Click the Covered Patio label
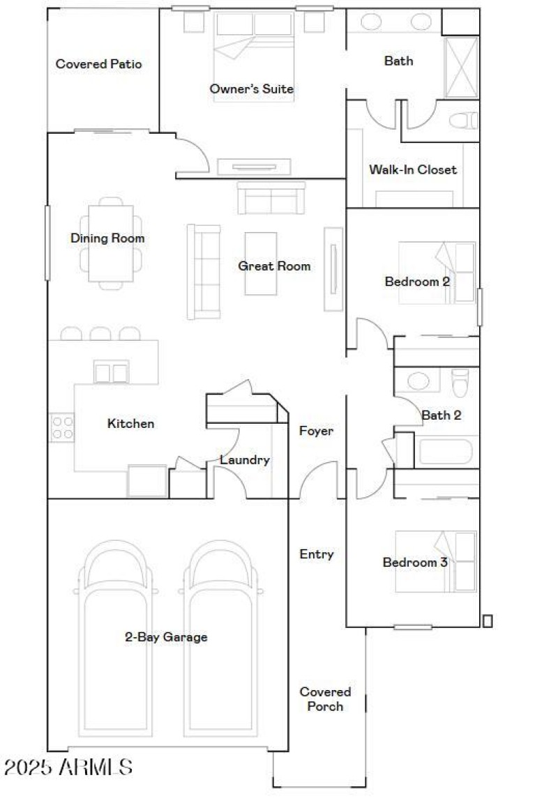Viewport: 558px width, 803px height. (98, 64)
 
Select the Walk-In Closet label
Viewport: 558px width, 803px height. (413, 169)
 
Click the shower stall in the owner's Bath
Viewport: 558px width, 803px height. (461, 67)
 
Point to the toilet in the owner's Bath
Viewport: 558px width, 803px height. (463, 121)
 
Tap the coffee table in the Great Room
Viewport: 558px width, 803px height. (260, 263)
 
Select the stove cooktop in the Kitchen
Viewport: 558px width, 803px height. (61, 427)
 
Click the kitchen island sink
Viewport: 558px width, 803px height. (112, 373)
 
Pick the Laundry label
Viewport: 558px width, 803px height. (244, 460)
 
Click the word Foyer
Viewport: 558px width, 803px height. (316, 431)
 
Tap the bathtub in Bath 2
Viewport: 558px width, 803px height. (446, 451)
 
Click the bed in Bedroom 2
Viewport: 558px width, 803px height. (437, 273)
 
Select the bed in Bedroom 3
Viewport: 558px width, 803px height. (436, 561)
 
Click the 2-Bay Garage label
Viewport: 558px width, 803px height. (166, 636)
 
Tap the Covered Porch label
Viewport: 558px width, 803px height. (325, 698)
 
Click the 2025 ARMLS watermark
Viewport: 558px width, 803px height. (68, 767)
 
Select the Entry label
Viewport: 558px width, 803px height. (316, 554)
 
